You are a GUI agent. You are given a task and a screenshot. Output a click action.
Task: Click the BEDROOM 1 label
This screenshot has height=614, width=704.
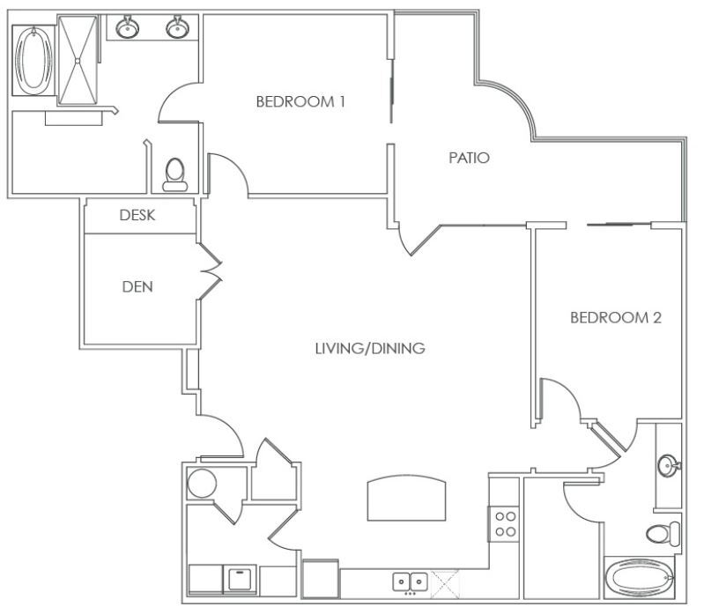pos(300,102)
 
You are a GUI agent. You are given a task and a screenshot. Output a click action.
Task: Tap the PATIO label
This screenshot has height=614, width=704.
pos(469,158)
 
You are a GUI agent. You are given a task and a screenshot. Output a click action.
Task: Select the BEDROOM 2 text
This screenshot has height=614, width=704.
pos(616,318)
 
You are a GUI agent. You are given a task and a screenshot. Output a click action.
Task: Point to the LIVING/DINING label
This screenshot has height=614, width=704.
pos(370,348)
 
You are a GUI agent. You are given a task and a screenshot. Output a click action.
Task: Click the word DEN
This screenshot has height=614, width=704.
pos(137,287)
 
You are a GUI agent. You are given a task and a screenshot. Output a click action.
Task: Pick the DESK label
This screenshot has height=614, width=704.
pos(137,215)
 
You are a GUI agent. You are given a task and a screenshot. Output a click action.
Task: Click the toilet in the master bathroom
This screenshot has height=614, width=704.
pos(175,174)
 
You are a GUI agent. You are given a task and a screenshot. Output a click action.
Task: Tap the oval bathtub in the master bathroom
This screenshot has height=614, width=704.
pos(33,60)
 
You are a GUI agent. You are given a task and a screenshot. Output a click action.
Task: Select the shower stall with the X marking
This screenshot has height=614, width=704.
pos(78,60)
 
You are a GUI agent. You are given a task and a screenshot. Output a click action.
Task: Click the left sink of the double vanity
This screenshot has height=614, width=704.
pos(128,28)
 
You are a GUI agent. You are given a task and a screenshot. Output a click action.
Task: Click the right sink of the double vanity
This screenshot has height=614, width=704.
pos(178,28)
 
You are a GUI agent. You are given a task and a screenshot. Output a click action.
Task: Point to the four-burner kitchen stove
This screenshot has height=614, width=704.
pos(505,524)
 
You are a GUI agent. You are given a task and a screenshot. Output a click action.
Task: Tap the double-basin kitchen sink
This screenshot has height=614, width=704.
pos(410,581)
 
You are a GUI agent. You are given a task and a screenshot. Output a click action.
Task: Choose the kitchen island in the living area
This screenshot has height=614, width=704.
pos(407,498)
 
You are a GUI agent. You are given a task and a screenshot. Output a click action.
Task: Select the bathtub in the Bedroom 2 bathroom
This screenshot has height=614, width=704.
pos(640,578)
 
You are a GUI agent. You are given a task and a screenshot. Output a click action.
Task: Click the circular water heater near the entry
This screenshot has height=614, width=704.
pos(202,484)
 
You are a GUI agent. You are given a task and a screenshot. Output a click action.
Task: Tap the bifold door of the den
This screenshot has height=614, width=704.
pos(210,271)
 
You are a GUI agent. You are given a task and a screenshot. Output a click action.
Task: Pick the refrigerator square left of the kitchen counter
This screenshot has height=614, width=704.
pos(321,579)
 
